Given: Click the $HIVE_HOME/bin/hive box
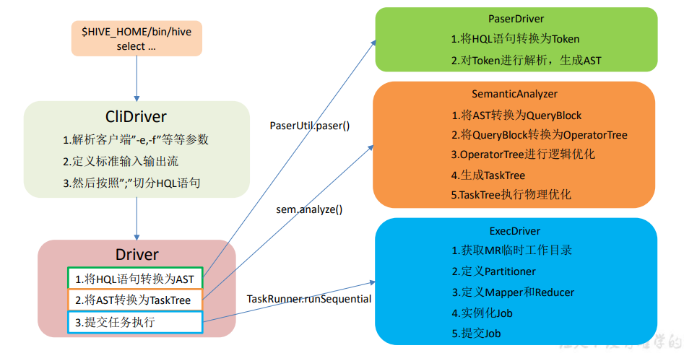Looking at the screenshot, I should click(136, 38).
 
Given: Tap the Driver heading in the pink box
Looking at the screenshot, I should click(137, 254).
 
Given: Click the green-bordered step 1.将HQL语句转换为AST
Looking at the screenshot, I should click(136, 279).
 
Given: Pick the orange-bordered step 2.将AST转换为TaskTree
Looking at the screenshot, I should click(136, 300).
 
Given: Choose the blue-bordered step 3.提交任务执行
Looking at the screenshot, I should click(136, 322).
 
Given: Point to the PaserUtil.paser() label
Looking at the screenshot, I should click(309, 126).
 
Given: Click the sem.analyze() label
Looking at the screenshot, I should click(309, 210).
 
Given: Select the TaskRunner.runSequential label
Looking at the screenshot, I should click(309, 298).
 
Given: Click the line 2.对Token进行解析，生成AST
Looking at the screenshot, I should click(526, 61).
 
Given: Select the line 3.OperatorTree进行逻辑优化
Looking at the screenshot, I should click(523, 154).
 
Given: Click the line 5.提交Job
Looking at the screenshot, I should click(476, 334).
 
